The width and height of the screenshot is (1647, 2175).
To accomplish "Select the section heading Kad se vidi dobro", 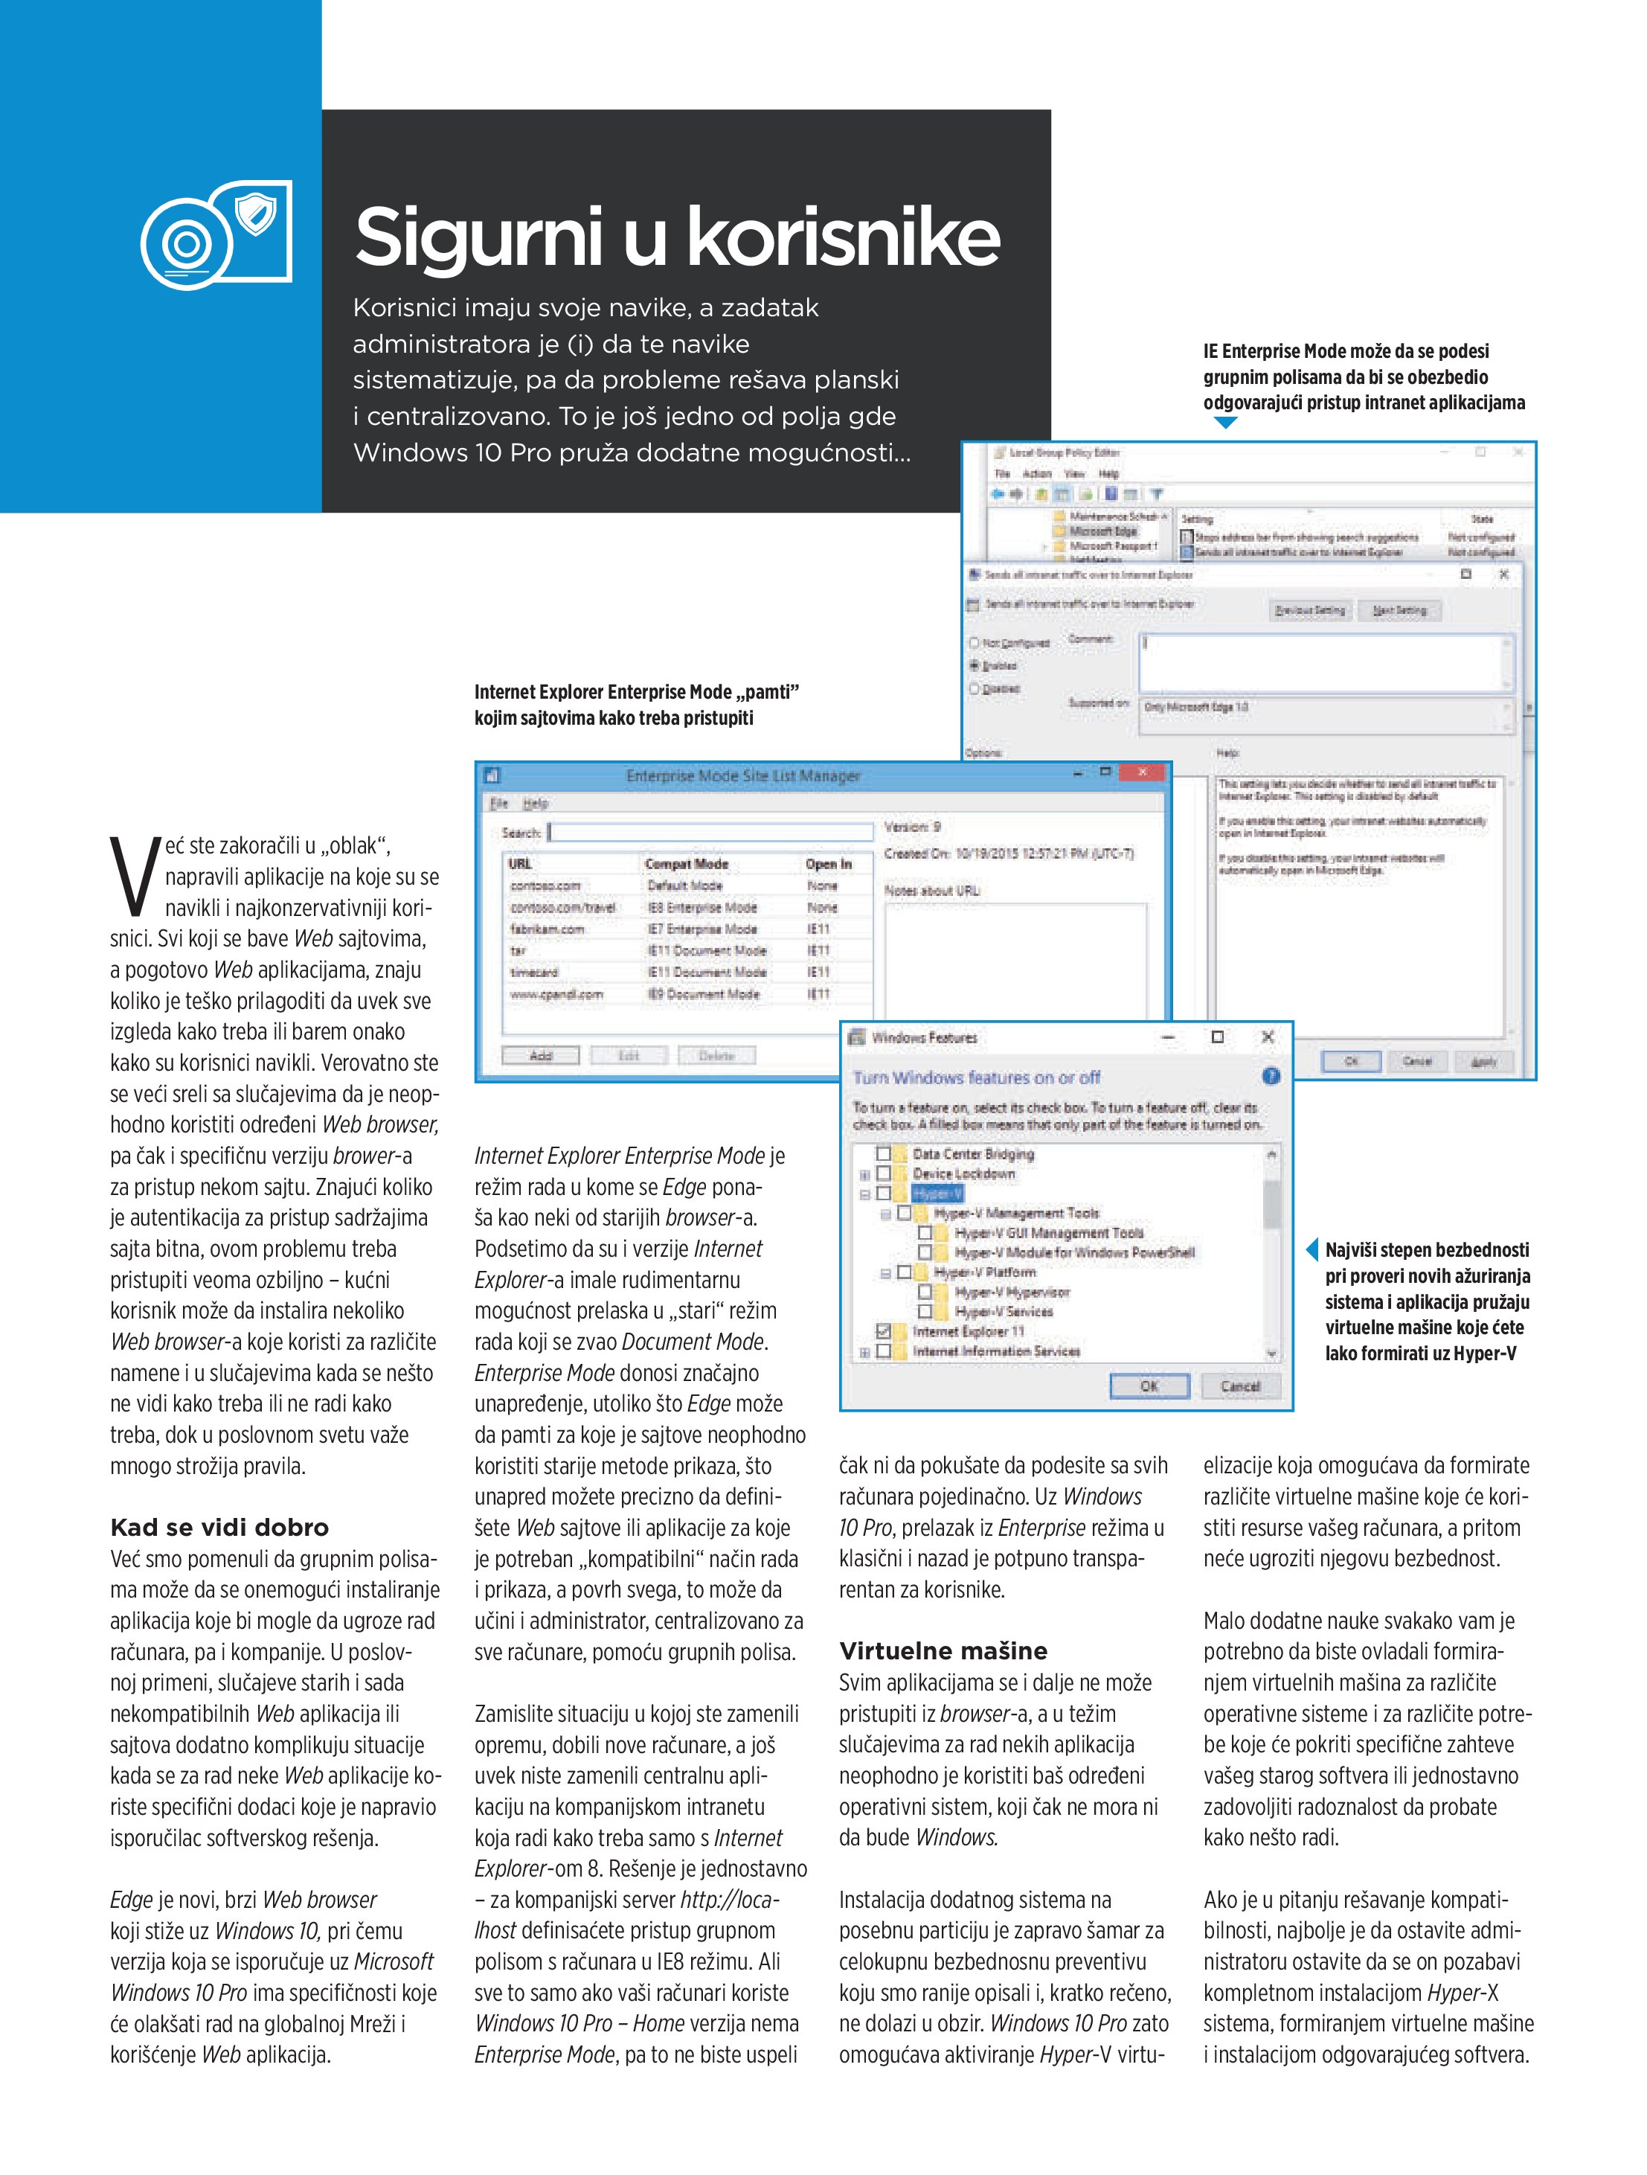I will (x=219, y=1527).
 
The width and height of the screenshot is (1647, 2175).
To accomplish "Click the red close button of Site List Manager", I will (x=1142, y=773).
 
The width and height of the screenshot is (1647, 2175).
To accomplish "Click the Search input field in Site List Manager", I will (x=710, y=833).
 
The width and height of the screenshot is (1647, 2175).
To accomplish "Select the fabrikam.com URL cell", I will (x=547, y=929).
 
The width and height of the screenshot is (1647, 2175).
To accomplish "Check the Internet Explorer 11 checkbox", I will (x=883, y=1331).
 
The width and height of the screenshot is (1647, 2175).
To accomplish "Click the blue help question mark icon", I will (x=1271, y=1077).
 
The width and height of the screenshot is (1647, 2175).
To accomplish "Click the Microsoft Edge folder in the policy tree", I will (x=1102, y=531).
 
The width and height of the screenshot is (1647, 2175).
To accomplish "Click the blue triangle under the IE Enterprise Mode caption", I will (x=1225, y=423).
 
